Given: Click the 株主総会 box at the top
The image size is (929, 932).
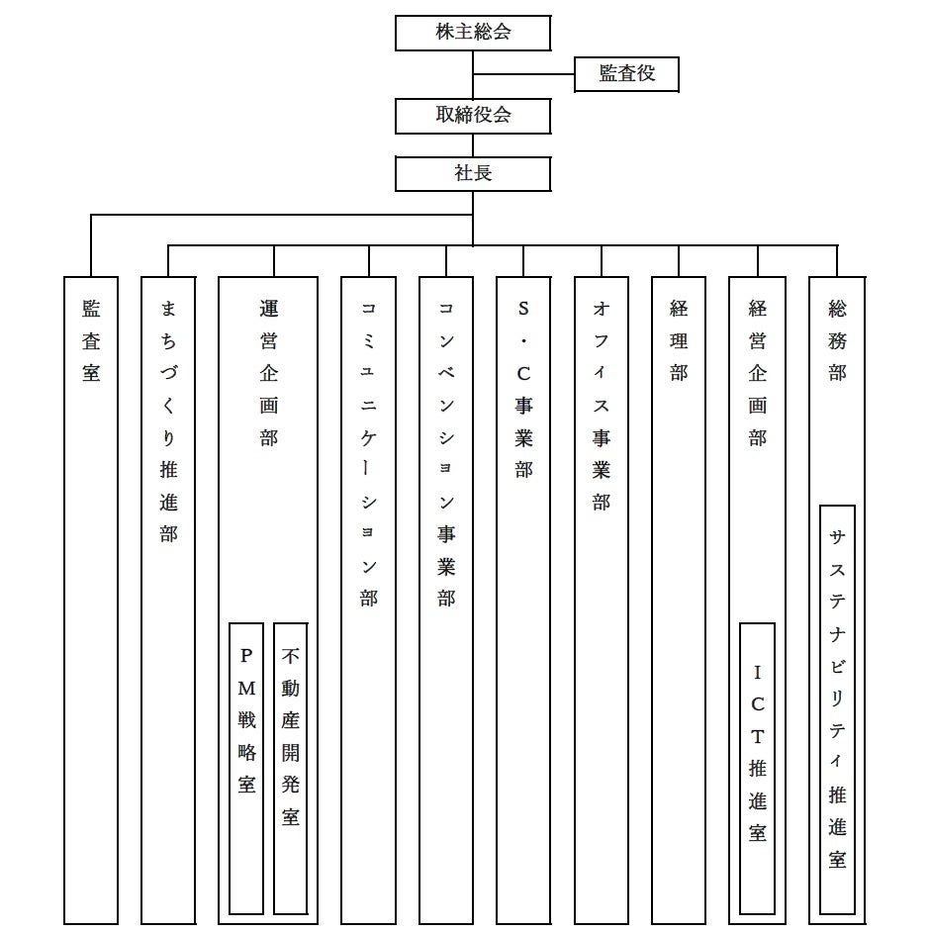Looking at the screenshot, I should click(x=473, y=33).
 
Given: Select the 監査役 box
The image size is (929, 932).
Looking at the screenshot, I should click(x=626, y=74).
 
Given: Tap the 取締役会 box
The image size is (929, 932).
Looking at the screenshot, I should click(x=473, y=116).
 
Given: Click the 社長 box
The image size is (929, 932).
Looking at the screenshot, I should click(x=473, y=173).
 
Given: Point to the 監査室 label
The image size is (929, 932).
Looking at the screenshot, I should click(x=91, y=341).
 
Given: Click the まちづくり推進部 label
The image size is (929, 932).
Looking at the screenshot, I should click(x=168, y=420).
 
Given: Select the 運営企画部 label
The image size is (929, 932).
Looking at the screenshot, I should click(x=268, y=373).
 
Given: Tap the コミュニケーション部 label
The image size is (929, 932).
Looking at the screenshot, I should click(x=368, y=452).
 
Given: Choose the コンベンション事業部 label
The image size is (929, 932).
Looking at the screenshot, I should click(x=445, y=452).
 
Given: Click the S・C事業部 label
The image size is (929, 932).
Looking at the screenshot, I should click(x=523, y=389).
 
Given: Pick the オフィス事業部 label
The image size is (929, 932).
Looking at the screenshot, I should click(x=601, y=405).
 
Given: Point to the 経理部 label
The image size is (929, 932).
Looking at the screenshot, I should click(x=679, y=341).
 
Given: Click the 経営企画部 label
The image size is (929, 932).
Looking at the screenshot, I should click(x=757, y=373).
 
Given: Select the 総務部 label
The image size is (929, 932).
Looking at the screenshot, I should click(x=837, y=341).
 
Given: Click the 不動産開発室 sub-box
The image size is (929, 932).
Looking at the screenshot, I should click(x=290, y=737).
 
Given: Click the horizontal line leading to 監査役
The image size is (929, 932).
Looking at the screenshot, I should click(x=523, y=74).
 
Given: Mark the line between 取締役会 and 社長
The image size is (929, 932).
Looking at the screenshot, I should click(x=473, y=144).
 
